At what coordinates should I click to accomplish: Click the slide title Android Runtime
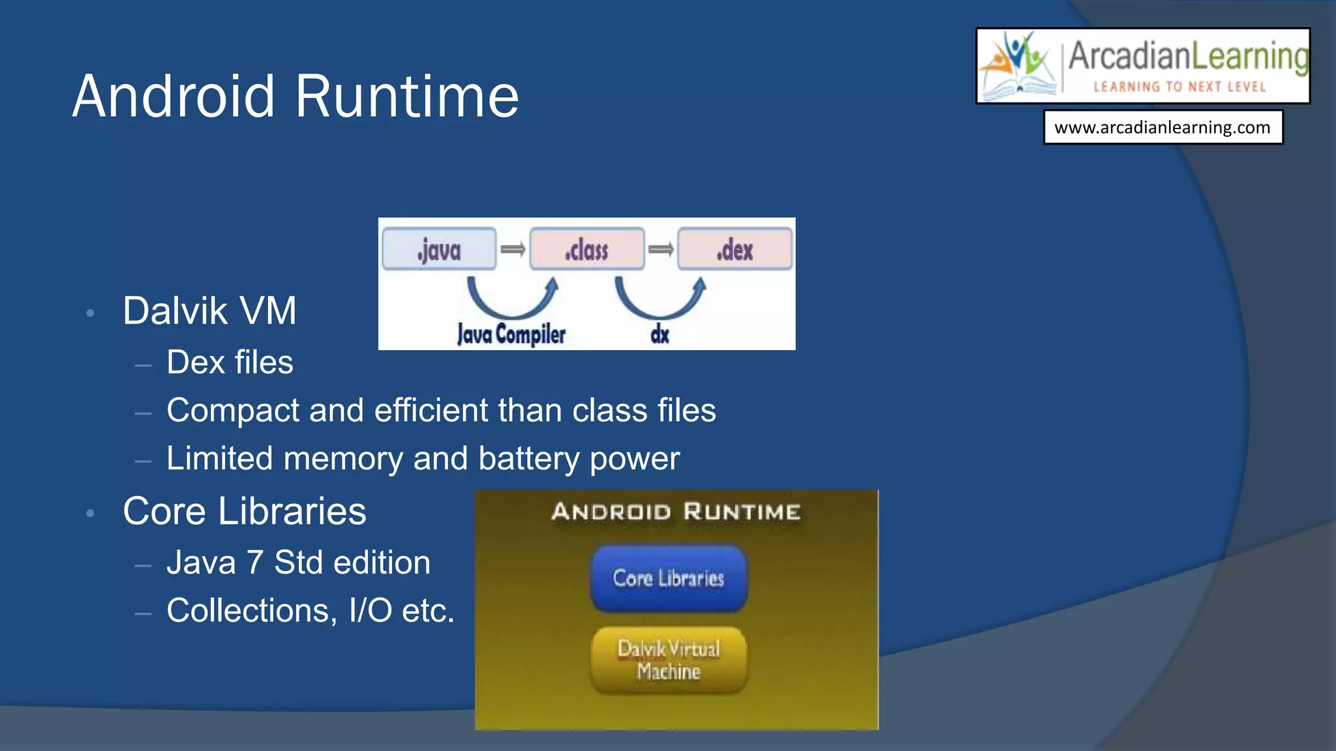coord(296,96)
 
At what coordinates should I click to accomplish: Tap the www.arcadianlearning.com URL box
coord(1162,127)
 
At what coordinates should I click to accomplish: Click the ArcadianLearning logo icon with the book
coord(1020,66)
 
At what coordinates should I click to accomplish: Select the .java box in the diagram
coord(439,249)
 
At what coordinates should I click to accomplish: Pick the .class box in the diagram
coord(587,249)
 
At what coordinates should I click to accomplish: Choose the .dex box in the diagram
coord(735,249)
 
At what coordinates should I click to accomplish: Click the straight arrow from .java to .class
coord(513,249)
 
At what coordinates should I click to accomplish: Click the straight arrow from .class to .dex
coord(661,249)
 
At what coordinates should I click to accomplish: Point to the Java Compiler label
coord(511,334)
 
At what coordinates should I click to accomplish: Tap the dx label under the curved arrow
coord(660,334)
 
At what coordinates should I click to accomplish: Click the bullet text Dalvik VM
coord(209,310)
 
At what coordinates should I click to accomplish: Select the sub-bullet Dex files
coord(230,362)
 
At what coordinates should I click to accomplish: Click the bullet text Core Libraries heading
coord(244,511)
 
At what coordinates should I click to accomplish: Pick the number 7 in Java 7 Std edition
coord(254,563)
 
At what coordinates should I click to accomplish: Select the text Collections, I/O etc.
coord(310,611)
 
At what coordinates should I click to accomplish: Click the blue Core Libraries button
coord(669,578)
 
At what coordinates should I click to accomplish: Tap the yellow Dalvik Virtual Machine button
coord(669,660)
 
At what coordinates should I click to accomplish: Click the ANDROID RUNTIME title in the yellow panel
coord(676,512)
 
